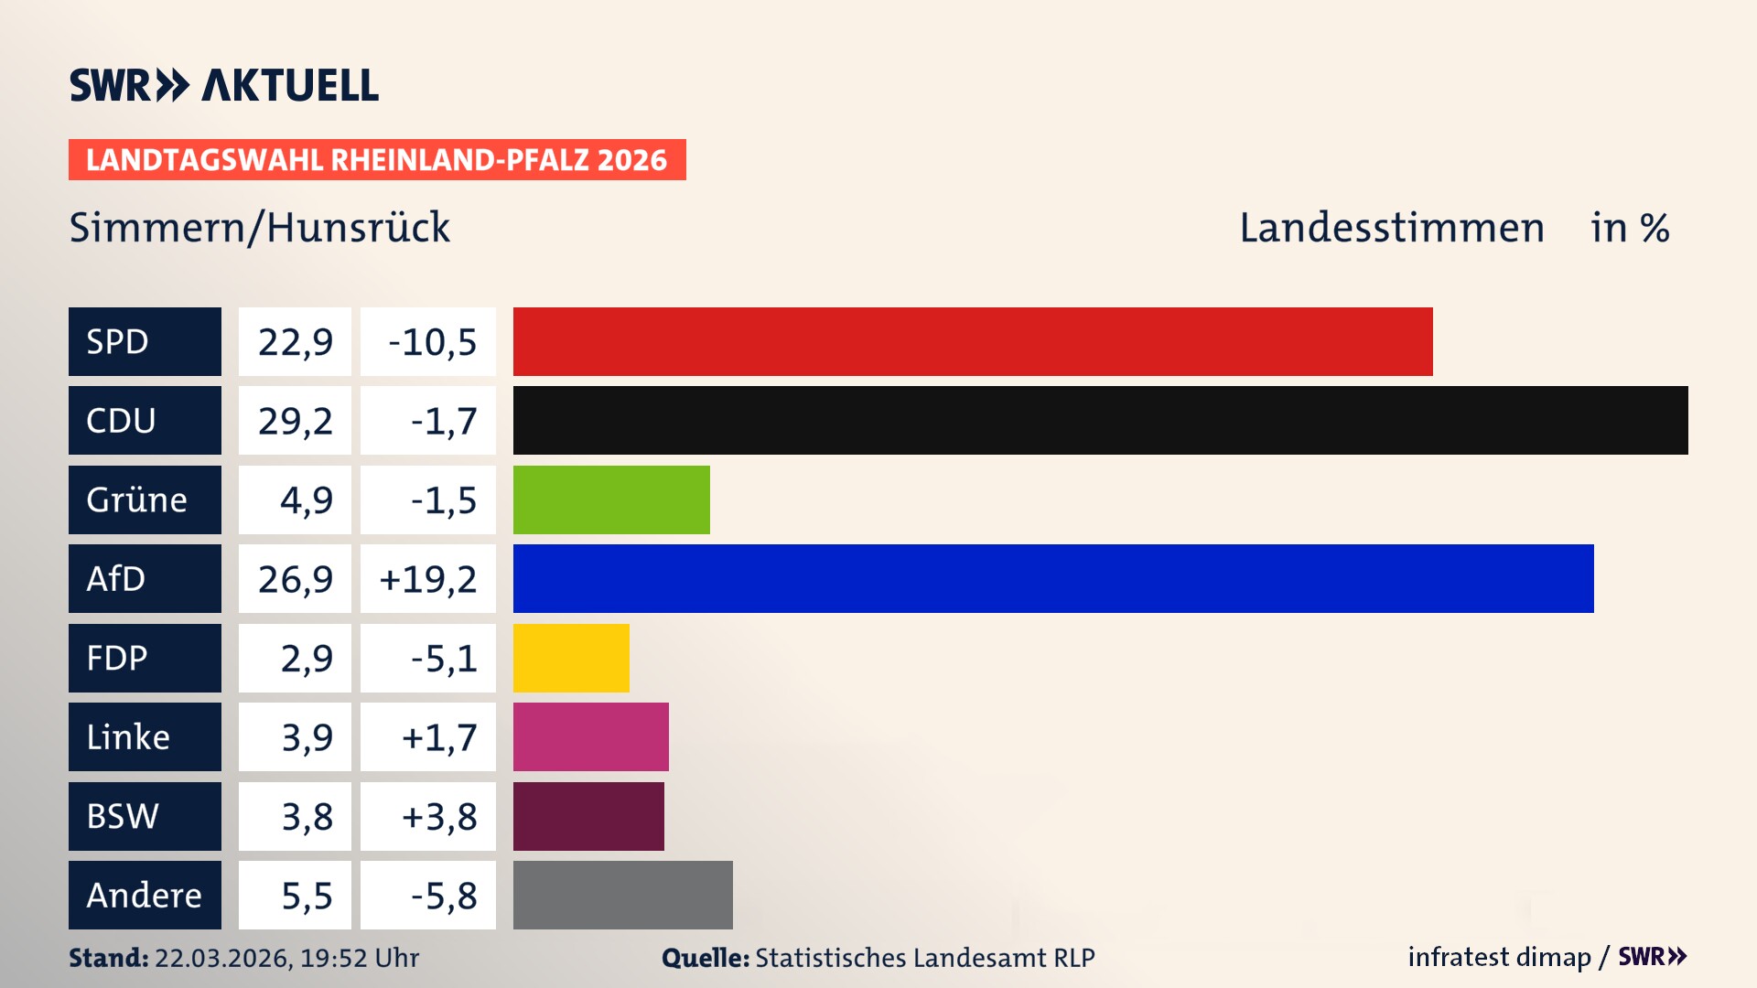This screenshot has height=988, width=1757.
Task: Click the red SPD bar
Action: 972,341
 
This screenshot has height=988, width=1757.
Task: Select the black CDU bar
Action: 1100,420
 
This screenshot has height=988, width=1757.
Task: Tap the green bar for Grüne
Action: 611,499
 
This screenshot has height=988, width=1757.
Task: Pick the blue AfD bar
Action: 1052,578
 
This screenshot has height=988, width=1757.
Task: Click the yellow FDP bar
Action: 571,658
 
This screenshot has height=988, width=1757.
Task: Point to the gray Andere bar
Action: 622,895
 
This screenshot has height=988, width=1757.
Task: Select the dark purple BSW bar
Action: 588,816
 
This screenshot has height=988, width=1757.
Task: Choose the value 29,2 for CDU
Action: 295,421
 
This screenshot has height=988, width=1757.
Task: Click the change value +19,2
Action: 428,579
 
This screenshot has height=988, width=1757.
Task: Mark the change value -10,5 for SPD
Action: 432,342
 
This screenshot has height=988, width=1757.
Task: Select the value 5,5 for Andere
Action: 307,896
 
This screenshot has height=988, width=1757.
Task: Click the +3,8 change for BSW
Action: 439,816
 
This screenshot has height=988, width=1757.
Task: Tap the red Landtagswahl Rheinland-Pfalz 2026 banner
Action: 377,159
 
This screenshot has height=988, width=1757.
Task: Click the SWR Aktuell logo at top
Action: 224,85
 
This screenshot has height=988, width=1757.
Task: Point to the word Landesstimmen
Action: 1391,228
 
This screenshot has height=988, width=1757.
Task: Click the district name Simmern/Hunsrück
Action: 260,228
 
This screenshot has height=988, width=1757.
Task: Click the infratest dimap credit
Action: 1499,957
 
